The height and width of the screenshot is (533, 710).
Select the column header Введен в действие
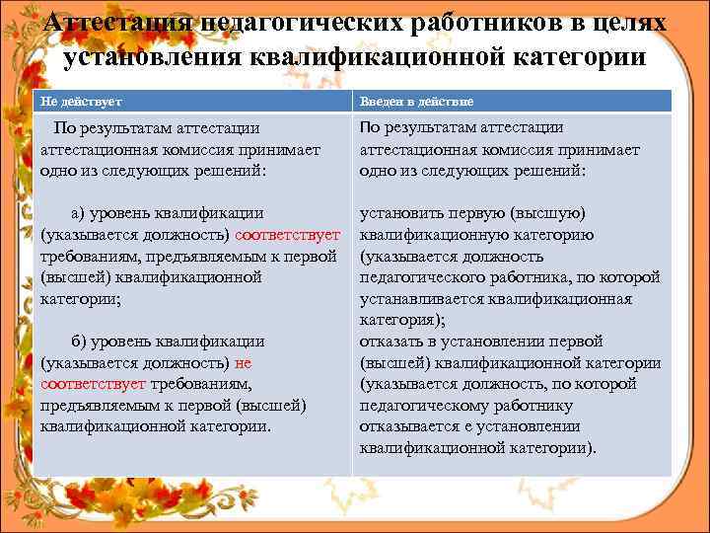click(x=416, y=102)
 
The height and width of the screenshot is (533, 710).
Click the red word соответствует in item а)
click(x=288, y=235)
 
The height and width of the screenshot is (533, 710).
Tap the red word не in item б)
click(x=244, y=362)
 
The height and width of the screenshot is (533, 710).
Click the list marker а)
click(x=80, y=213)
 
